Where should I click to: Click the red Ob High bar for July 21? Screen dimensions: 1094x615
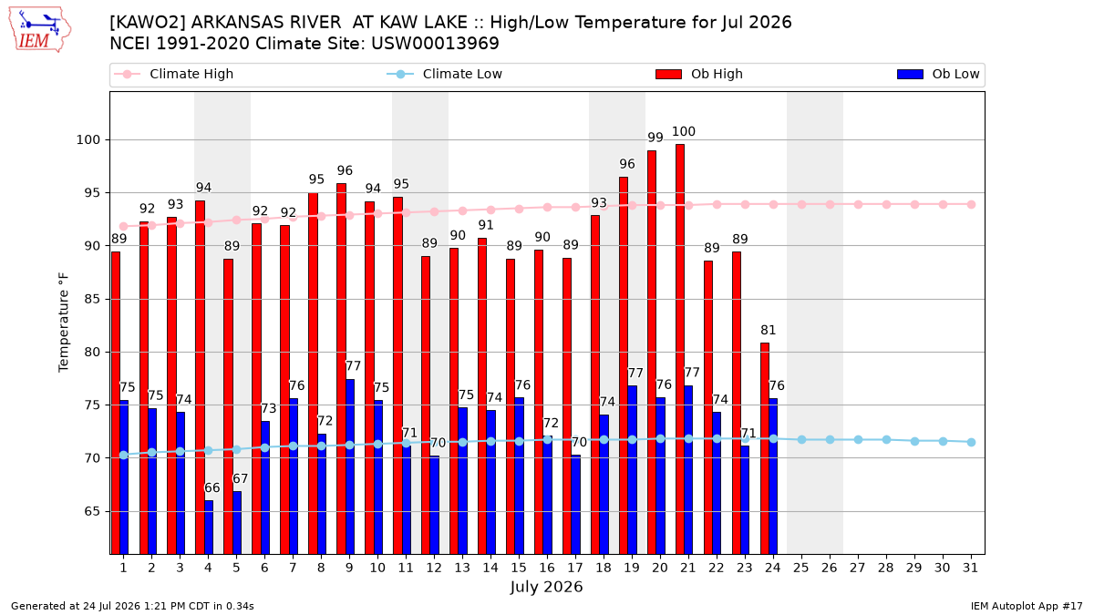tap(680, 349)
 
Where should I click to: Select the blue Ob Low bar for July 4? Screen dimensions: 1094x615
tap(209, 528)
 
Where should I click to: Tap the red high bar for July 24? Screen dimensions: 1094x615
tap(765, 448)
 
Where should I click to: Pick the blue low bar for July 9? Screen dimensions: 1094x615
tap(350, 466)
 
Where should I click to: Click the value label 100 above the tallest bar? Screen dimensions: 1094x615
tap(683, 131)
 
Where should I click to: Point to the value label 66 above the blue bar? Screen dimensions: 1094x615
tap(212, 487)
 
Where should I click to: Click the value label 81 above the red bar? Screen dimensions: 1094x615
tap(769, 330)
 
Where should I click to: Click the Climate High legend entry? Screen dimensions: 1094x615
tap(174, 74)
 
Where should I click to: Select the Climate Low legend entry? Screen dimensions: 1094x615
tap(445, 74)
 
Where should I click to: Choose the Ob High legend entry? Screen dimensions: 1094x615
tap(699, 74)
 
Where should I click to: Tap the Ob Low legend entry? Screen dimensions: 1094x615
tap(938, 74)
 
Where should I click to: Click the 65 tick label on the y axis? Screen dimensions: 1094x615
tap(92, 511)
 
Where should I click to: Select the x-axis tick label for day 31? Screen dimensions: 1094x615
tap(970, 568)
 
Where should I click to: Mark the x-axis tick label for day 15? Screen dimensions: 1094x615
tap(519, 568)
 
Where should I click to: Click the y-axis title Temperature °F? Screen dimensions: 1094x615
tap(64, 323)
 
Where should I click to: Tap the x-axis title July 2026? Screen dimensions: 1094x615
tap(546, 587)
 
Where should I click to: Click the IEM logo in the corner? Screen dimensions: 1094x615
tap(40, 30)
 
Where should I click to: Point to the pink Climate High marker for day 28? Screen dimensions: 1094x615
tap(886, 204)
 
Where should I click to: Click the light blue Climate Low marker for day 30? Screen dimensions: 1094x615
tap(943, 441)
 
